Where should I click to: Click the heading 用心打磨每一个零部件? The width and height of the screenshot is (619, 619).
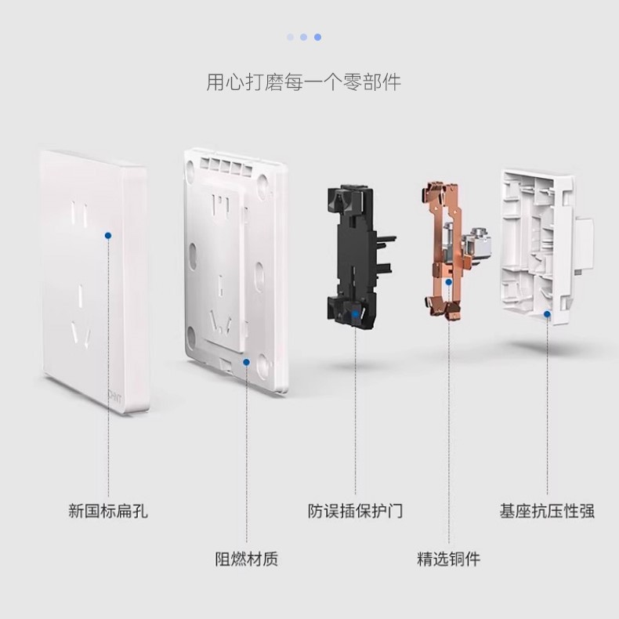pos(303,82)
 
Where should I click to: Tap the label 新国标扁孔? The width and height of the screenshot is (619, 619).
pos(108,512)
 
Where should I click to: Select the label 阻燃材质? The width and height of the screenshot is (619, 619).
pos(246,559)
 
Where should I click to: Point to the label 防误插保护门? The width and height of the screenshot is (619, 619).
pos(355,512)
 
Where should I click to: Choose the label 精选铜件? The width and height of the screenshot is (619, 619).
pos(448,559)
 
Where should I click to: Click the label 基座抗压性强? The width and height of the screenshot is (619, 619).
pos(547,512)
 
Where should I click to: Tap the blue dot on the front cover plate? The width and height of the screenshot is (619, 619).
pos(108,234)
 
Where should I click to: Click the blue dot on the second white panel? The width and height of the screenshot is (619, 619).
pos(246,361)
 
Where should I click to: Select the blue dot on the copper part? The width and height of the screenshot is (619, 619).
pos(448,283)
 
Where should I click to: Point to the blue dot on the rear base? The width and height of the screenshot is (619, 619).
pos(547,314)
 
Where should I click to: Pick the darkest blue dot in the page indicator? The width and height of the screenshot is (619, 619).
pos(317,37)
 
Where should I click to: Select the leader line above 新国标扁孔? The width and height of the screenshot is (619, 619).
pos(108,368)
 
